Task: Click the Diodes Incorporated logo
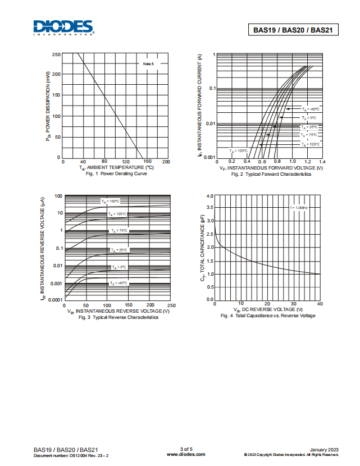(x=62, y=28)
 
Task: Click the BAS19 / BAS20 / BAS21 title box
(x=293, y=30)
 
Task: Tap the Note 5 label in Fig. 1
(x=148, y=63)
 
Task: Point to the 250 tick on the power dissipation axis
(x=57, y=54)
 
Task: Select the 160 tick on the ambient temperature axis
(x=145, y=162)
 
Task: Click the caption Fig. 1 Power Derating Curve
(x=116, y=174)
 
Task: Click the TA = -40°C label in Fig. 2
(x=310, y=109)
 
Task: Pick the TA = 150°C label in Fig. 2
(x=238, y=150)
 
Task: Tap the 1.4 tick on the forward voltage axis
(x=322, y=162)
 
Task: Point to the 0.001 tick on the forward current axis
(x=209, y=157)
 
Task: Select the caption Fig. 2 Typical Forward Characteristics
(x=271, y=175)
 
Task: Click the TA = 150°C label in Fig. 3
(x=110, y=201)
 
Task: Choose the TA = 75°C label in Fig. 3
(x=119, y=231)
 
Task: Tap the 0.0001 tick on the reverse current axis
(x=55, y=300)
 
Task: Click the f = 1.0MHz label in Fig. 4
(x=299, y=208)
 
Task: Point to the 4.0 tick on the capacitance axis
(x=209, y=196)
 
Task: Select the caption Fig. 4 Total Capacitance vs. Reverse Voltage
(x=268, y=316)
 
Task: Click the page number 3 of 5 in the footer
(x=186, y=449)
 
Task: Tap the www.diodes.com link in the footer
(x=186, y=454)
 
